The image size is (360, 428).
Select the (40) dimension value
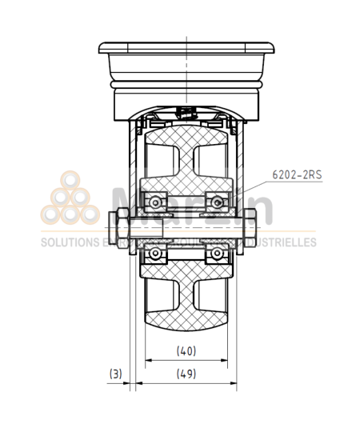pyautogui.click(x=186, y=350)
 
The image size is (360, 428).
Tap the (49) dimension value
pyautogui.click(x=186, y=373)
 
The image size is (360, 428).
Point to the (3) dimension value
pyautogui.click(x=116, y=373)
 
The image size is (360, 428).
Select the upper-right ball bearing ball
pyautogui.click(x=214, y=197)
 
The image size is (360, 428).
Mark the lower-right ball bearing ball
pyautogui.click(x=214, y=254)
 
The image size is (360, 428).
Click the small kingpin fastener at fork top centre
pyautogui.click(x=186, y=112)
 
